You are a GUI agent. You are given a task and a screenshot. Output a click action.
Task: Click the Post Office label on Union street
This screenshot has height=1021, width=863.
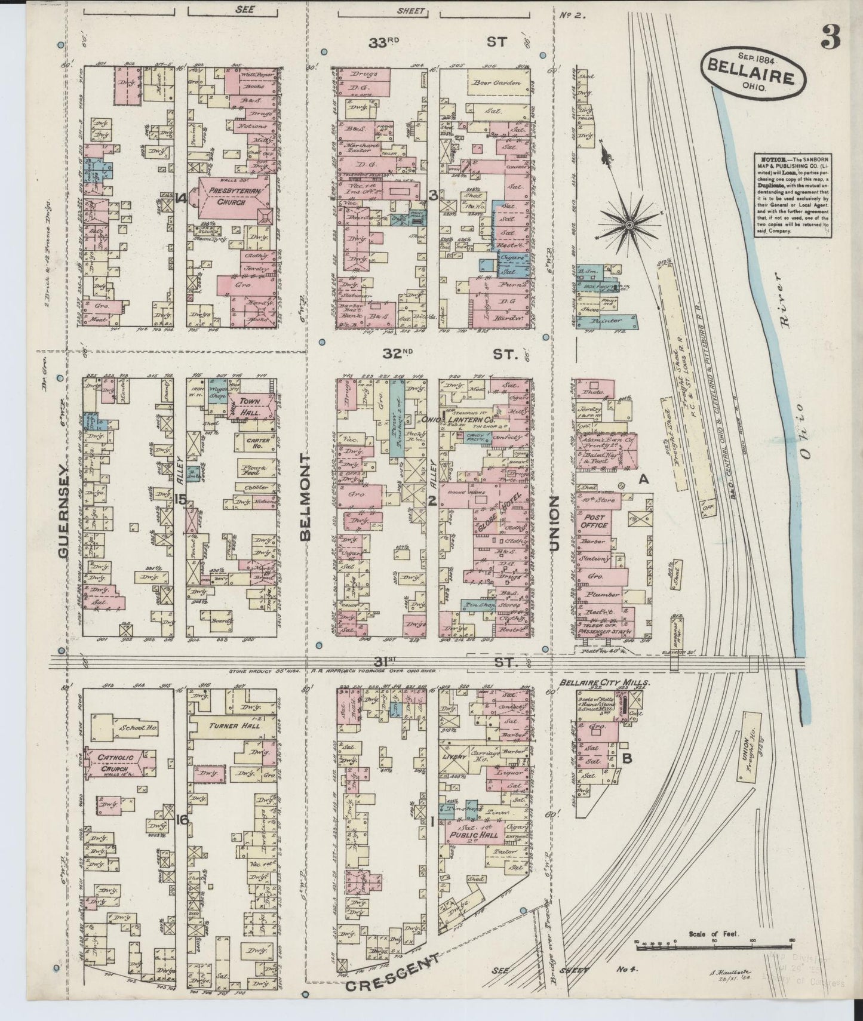coord(595,521)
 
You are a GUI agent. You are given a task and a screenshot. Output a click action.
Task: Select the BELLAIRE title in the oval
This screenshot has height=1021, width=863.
coord(751,78)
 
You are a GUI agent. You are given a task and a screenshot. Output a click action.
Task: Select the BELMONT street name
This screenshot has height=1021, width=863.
coord(306,497)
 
